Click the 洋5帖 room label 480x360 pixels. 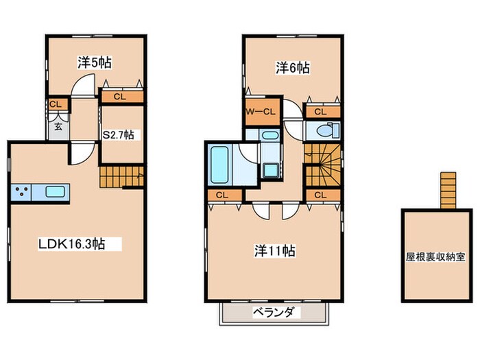pos(95,62)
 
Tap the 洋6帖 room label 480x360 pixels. pos(293,67)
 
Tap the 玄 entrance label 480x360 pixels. pos(58,127)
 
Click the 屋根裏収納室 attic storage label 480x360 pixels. pos(434,257)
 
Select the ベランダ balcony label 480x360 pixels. pos(274,313)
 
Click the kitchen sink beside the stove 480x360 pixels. pos(55,191)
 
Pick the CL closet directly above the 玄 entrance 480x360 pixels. pos(57,104)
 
